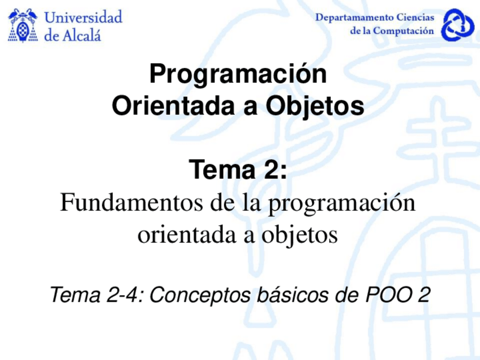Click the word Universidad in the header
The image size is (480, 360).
click(x=83, y=17)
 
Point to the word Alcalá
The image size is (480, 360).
click(x=81, y=35)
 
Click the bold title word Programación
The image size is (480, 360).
click(x=238, y=75)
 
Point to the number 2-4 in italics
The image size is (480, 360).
click(x=119, y=294)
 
